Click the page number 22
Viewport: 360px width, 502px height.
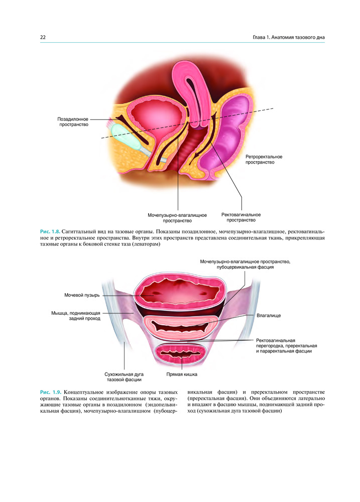pos(43,37)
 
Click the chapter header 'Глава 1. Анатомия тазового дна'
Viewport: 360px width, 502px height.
pos(289,37)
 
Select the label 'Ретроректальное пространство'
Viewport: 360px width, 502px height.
pos(264,160)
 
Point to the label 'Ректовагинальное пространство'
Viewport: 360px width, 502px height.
pos(241,217)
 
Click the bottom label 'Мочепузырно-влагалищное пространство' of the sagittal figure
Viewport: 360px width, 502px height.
pos(177,218)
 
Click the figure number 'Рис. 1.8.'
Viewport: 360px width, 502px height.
pos(50,231)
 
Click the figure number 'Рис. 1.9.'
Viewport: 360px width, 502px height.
pos(50,392)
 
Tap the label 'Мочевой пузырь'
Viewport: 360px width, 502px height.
pos(82,295)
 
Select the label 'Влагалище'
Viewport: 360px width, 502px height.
pos(269,315)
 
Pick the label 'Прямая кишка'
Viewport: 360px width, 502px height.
pos(182,374)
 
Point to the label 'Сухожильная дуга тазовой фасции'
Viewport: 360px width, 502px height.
pos(124,377)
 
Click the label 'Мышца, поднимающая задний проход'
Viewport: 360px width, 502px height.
pos(76,316)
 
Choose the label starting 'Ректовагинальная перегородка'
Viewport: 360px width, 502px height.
pos(286,346)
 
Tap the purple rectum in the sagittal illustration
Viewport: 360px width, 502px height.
pos(228,135)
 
